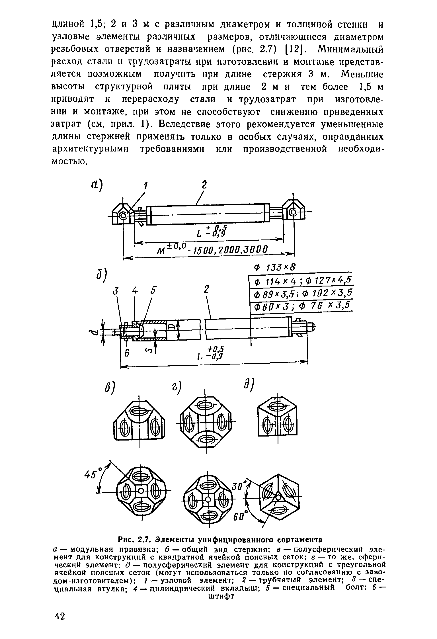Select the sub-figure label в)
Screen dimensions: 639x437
tap(110, 390)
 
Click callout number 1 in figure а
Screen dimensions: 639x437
tap(145, 187)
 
